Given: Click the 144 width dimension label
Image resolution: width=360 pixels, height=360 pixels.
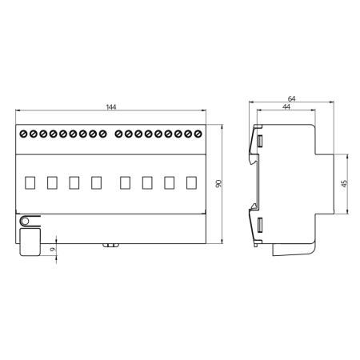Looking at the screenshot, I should [x=110, y=107].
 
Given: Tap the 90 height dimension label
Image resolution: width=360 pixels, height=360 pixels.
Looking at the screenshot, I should [x=218, y=183].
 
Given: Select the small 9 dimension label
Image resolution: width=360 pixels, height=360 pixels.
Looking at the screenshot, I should [x=50, y=250].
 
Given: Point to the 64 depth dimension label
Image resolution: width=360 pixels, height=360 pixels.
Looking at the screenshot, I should [x=291, y=98].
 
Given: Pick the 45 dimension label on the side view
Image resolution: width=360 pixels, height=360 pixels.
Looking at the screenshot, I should [x=345, y=183].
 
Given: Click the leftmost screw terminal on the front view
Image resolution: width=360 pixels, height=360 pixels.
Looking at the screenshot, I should [x=23, y=133].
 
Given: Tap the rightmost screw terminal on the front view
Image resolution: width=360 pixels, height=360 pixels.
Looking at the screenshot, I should [x=198, y=133].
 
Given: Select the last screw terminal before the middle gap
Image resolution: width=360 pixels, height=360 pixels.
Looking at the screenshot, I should [x=102, y=133].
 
